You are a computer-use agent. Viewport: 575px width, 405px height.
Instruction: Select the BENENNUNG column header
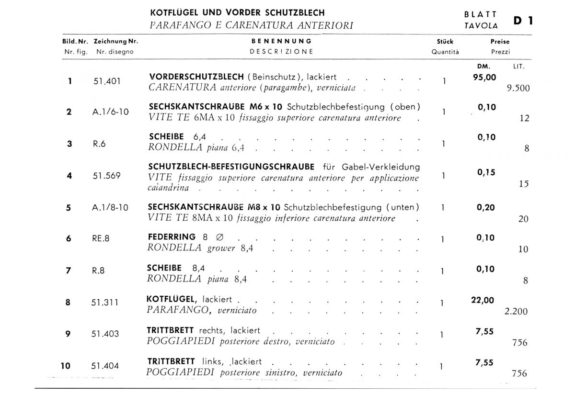coord(281,42)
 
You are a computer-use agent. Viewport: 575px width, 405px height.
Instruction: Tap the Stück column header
coord(445,42)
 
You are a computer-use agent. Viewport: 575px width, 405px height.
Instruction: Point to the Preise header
coord(500,42)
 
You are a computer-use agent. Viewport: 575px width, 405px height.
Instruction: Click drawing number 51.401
coord(106,81)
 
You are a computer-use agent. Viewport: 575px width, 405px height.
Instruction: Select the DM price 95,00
coord(485,78)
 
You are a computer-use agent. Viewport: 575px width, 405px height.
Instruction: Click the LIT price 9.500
coord(518,89)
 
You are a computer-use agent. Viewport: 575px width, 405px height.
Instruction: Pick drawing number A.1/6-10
coord(110,112)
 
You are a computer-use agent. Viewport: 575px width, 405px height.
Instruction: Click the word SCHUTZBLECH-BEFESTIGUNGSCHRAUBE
coord(232,167)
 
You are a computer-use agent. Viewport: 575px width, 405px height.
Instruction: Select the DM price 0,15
coord(486,173)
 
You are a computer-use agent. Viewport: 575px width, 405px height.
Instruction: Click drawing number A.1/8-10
coord(110,208)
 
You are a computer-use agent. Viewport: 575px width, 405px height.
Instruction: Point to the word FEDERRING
coord(172,236)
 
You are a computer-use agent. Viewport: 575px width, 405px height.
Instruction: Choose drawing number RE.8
coord(101,239)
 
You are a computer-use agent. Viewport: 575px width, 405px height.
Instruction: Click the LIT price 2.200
coord(516,312)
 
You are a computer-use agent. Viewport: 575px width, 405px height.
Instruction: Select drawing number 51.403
coord(105,334)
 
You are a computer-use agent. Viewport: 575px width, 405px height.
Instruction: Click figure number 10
coord(66,366)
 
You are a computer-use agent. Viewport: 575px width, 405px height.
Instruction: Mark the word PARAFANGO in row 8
coord(177,310)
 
